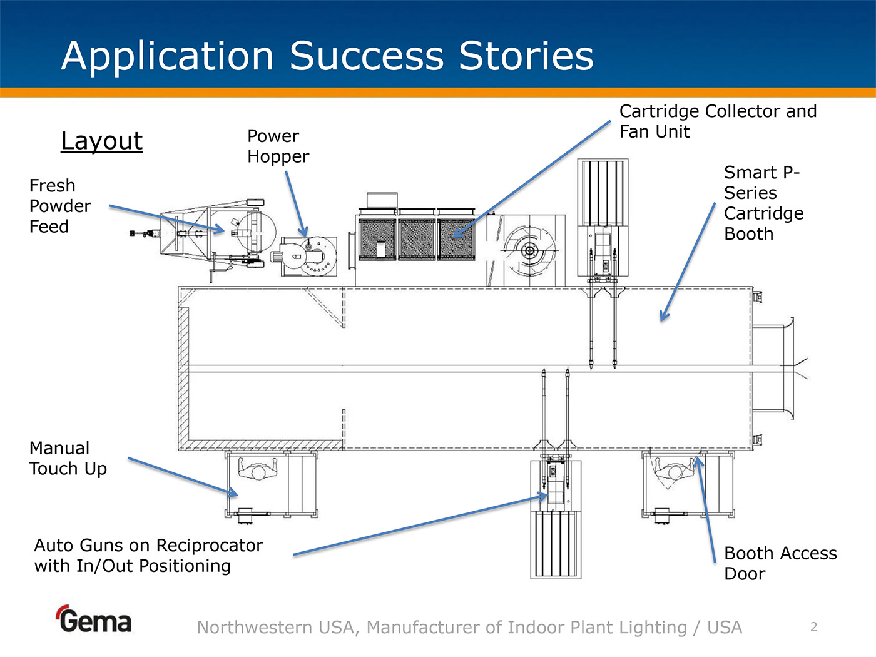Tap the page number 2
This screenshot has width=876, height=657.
(x=813, y=627)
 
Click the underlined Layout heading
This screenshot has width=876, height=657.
(x=101, y=141)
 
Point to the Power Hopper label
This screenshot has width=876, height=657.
(x=278, y=146)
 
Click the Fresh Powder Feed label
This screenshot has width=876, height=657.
(x=59, y=206)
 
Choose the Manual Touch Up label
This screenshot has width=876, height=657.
(x=68, y=459)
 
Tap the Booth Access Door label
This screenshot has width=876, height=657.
(x=780, y=563)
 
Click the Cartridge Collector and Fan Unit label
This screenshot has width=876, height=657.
(x=718, y=121)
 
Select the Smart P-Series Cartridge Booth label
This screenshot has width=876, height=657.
(x=763, y=203)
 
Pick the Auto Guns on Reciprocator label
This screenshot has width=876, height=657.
(x=148, y=556)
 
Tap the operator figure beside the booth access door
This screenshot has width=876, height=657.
(x=675, y=469)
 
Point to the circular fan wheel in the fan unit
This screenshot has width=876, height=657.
(x=529, y=251)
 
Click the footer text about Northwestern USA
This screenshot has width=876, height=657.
(x=469, y=627)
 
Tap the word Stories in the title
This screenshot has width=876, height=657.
(x=526, y=56)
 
